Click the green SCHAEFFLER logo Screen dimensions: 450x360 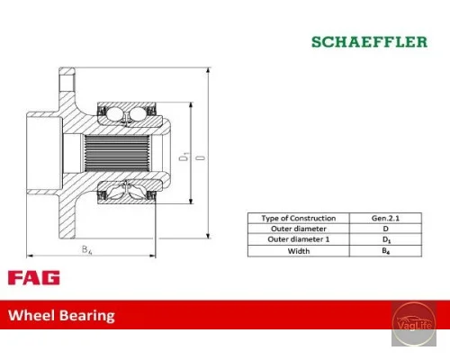click(x=369, y=41)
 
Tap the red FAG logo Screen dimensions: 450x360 click(x=34, y=277)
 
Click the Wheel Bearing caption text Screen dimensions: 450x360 click(x=61, y=316)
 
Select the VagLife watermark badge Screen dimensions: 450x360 click(x=414, y=324)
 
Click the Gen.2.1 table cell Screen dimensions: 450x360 click(x=385, y=218)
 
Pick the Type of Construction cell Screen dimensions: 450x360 click(x=299, y=218)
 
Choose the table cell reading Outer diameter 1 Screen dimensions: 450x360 click(x=299, y=239)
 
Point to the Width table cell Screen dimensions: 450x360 click(x=299, y=251)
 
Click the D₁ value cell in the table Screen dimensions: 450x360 click(x=385, y=239)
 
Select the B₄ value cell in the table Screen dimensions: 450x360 click(x=385, y=251)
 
